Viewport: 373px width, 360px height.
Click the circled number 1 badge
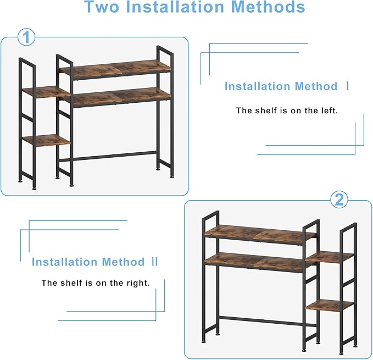coord(26,37)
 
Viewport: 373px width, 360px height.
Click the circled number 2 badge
coord(339,200)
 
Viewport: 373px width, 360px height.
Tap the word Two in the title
coord(102,7)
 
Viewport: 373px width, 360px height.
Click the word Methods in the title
coord(268,7)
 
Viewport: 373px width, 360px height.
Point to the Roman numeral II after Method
coord(154,262)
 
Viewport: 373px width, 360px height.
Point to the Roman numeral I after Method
coord(348,86)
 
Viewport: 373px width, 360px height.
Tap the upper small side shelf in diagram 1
coord(47,92)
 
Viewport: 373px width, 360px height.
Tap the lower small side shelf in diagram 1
coord(47,140)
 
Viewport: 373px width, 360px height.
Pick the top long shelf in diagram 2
coord(261,234)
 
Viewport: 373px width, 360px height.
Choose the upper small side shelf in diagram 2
coord(330,257)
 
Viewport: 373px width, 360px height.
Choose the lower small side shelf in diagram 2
coord(330,305)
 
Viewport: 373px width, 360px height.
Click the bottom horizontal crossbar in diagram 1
coord(108,156)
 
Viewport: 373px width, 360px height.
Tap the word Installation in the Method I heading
coord(258,86)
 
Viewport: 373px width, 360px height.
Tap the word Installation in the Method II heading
coord(64,262)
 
